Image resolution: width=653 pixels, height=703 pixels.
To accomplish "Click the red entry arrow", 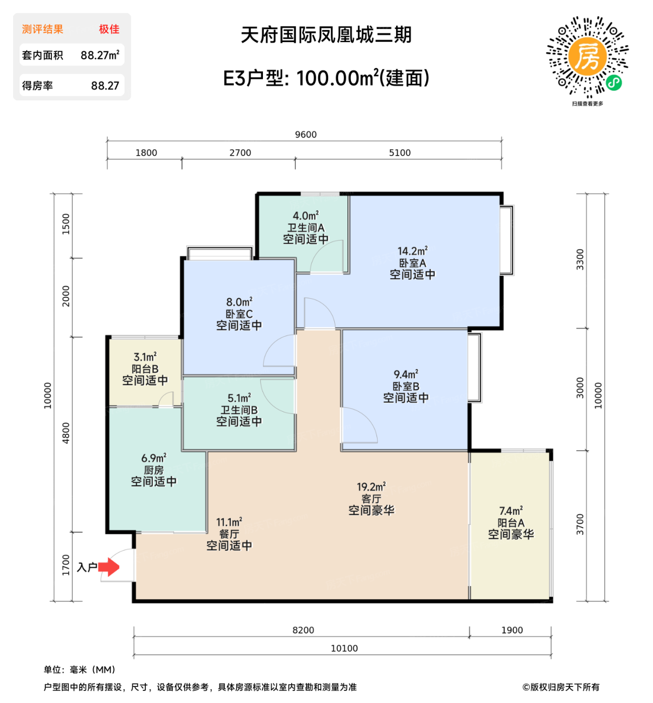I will point(109,567).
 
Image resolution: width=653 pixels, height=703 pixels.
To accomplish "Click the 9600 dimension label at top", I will point(306,135).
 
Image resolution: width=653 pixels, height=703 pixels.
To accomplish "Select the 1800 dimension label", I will point(146,153).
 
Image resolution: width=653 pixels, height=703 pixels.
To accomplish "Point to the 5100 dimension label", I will point(400,153).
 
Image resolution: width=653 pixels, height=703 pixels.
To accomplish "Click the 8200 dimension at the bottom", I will point(303,630).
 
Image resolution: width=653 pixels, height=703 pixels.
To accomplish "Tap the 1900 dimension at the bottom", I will point(512,630).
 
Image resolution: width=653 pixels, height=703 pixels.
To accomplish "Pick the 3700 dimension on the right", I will point(580,524).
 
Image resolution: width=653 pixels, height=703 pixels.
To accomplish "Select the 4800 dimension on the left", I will point(66,433).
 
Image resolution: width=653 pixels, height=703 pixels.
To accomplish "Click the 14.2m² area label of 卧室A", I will point(412,251).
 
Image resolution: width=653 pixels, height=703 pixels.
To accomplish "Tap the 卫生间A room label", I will point(306,227).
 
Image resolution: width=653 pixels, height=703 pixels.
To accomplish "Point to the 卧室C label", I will point(239,314).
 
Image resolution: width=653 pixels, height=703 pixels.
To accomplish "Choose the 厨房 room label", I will point(153,470).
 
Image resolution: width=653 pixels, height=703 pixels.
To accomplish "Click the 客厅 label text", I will point(371,499).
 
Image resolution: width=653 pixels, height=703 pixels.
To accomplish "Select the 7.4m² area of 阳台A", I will point(511,511).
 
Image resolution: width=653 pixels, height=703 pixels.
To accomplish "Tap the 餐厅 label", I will point(229,534).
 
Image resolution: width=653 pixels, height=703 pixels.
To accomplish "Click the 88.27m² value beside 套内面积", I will point(100,55).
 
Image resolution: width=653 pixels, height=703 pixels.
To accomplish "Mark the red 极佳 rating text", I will point(109,29).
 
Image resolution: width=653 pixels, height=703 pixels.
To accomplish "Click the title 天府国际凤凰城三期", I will point(326,35).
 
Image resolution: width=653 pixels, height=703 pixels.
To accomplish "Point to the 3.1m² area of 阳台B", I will point(145,357).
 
